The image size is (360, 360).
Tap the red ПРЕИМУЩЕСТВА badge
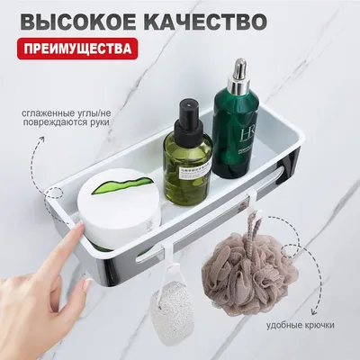[x=77, y=49]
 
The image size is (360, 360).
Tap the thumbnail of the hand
[x=87, y=285]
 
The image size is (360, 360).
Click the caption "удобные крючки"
[x=301, y=325]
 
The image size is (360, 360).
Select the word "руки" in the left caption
[x=98, y=122]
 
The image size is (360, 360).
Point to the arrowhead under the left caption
[x=41, y=139]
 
